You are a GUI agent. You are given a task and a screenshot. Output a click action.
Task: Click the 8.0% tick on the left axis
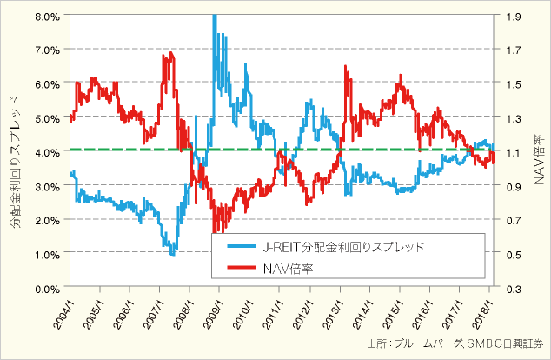click(x=47, y=16)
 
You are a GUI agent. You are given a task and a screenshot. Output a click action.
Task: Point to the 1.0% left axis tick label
click(x=47, y=253)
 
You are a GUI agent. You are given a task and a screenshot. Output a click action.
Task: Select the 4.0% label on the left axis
click(x=47, y=151)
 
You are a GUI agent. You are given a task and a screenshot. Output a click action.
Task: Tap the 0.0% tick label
click(x=47, y=287)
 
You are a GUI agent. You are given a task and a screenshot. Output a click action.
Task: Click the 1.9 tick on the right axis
click(x=509, y=16)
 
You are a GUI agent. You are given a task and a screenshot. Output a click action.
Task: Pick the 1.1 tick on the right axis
click(x=509, y=151)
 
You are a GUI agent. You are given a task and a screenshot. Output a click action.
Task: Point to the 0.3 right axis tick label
click(x=509, y=287)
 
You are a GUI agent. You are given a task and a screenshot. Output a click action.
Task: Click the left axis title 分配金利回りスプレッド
click(x=15, y=153)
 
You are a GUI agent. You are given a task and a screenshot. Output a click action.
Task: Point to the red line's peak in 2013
click(x=347, y=67)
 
